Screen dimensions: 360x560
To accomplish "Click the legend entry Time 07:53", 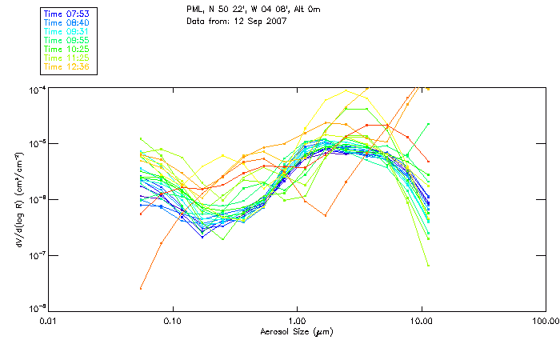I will pyautogui.click(x=68, y=14).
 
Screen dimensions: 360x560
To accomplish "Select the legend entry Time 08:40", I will pyautogui.click(x=68, y=23).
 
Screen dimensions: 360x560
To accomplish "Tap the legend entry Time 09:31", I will pyautogui.click(x=68, y=31).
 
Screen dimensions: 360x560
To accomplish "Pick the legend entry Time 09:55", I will pyautogui.click(x=68, y=40).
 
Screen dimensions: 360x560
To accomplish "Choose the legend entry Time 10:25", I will pyautogui.click(x=68, y=49).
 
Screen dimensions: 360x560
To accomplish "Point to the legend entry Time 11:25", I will pyautogui.click(x=68, y=58).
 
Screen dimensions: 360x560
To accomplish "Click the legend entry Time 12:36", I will pyautogui.click(x=68, y=66).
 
